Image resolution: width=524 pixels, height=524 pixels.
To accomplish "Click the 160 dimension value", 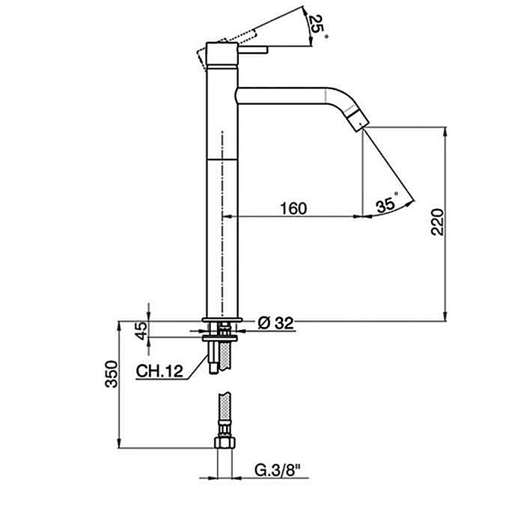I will tap(293, 208).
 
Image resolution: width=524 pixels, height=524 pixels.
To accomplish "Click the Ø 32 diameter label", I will tap(275, 323).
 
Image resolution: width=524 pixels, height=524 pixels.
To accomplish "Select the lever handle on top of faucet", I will tap(251, 51).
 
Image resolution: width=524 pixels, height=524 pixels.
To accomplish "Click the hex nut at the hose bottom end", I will tap(222, 443).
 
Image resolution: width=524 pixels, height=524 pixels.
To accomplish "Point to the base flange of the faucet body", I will tap(222, 323).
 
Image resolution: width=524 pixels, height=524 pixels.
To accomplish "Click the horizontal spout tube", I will tap(284, 96).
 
